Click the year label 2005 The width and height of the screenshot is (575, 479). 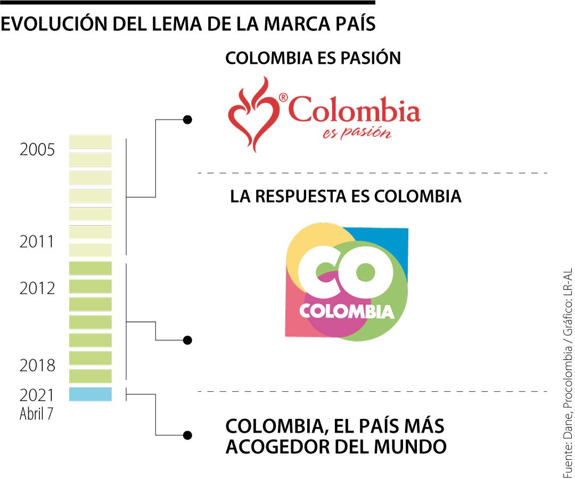(x=37, y=150)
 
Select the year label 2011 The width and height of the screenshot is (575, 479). (x=37, y=242)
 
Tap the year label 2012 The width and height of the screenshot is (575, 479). (x=37, y=288)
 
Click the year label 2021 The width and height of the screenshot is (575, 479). (x=37, y=395)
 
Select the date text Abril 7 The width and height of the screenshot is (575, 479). (x=36, y=414)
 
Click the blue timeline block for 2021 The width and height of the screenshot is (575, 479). (x=91, y=394)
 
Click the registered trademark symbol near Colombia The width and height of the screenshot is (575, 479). (x=283, y=97)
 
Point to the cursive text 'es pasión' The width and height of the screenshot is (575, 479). (x=357, y=131)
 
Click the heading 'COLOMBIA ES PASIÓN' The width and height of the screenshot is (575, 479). (x=313, y=58)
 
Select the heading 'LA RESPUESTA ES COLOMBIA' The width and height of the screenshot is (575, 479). (x=346, y=196)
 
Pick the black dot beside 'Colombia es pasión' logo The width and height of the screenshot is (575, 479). (x=187, y=120)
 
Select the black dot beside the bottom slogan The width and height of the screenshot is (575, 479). (x=187, y=435)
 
